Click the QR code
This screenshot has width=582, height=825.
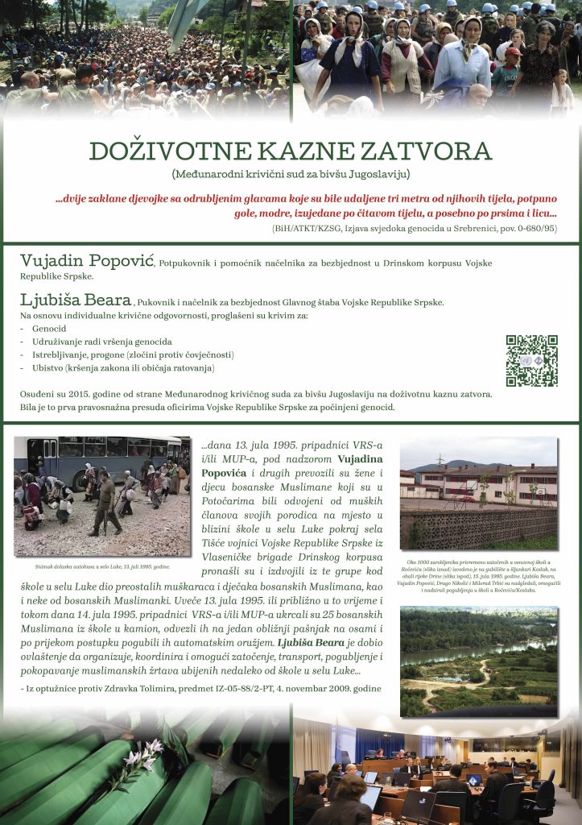[x=531, y=361]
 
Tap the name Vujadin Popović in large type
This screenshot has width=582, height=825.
[x=87, y=262]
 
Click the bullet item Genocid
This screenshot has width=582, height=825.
[x=49, y=330]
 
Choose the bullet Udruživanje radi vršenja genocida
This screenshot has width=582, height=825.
[x=101, y=342]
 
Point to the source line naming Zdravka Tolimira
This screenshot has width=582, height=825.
[x=200, y=688]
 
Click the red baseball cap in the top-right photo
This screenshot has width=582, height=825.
[x=513, y=52]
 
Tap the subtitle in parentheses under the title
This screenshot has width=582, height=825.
[x=291, y=174]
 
